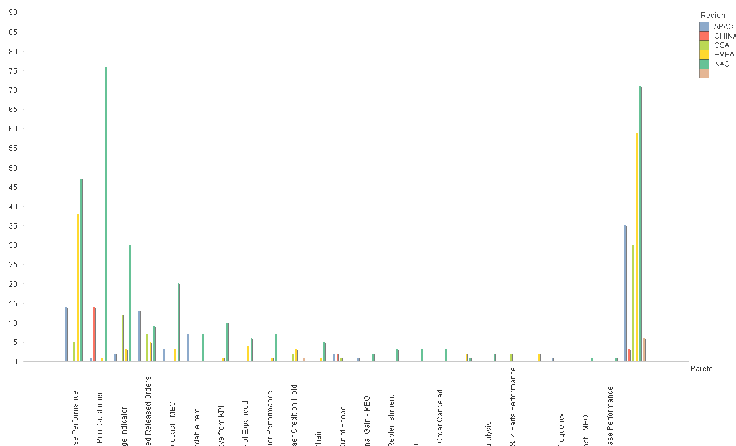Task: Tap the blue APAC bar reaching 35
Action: tap(626, 293)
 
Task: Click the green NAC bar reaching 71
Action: tap(641, 224)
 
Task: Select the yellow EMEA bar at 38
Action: tap(78, 287)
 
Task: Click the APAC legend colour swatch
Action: tap(704, 26)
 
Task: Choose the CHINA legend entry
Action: tap(724, 36)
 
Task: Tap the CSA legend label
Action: tap(721, 45)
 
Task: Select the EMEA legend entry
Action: tap(724, 55)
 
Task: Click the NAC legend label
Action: tap(721, 64)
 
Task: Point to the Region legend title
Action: tap(712, 16)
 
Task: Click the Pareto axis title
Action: tap(701, 369)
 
